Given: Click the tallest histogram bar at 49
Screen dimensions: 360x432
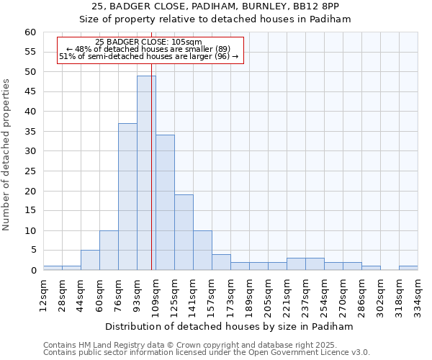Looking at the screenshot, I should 146,173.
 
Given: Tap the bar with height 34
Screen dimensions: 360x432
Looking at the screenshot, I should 165,202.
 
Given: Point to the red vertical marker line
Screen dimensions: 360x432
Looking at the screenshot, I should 152,144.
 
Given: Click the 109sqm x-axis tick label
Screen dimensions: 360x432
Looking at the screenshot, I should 156,294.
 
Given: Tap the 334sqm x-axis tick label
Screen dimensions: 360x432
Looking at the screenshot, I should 418,294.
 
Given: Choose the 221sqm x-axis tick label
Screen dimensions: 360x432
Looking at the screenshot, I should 287,294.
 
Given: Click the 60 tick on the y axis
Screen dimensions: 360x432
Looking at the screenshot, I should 30,32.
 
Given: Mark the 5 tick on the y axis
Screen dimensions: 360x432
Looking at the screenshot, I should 32,251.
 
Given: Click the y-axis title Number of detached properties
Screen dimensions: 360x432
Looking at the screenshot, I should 6,155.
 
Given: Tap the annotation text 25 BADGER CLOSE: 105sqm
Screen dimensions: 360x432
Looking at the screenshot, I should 148,42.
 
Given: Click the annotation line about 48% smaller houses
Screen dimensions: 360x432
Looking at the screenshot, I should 148,49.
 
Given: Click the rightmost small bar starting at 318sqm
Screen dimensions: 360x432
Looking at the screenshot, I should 408,268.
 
